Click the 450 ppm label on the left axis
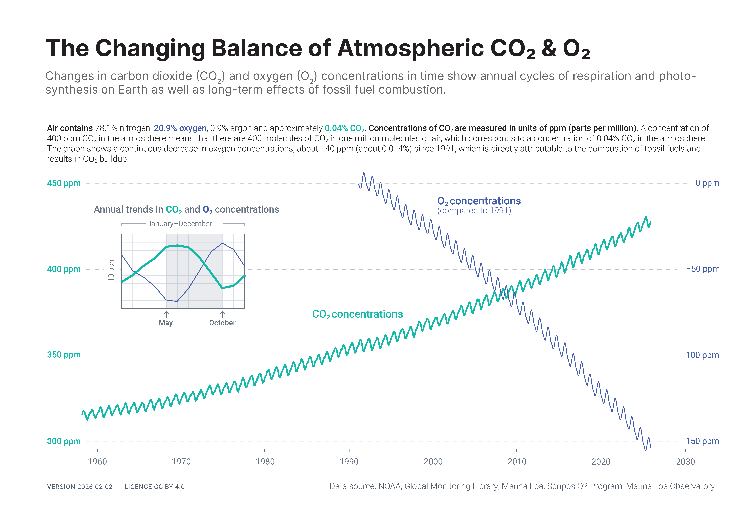pyautogui.click(x=64, y=183)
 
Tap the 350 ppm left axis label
pyautogui.click(x=64, y=355)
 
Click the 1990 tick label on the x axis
pyautogui.click(x=349, y=462)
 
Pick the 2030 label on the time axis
pyautogui.click(x=685, y=462)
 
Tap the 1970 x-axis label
pyautogui.click(x=181, y=462)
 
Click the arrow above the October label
pyautogui.click(x=222, y=314)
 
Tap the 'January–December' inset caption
pyautogui.click(x=180, y=224)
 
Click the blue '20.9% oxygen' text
pyautogui.click(x=180, y=128)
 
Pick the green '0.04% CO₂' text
pyautogui.click(x=344, y=128)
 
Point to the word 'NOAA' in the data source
pyautogui.click(x=390, y=486)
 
